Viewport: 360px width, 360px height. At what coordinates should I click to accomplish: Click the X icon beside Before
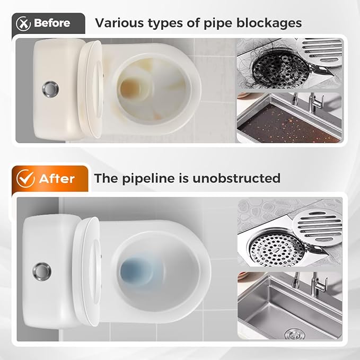pos(22,23)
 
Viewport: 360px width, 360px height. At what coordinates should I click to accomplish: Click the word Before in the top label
pos(52,23)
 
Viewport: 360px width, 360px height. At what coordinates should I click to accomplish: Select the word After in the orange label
pos(57,178)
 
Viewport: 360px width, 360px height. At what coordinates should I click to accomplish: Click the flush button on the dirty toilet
pos(51,87)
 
